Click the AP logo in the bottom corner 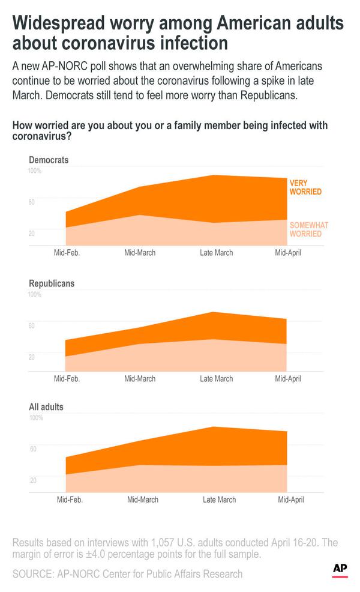pyautogui.click(x=340, y=570)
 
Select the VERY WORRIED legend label pyautogui.click(x=305, y=187)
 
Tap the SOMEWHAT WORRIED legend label pyautogui.click(x=309, y=229)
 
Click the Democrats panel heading pyautogui.click(x=49, y=160)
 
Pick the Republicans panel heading pyautogui.click(x=52, y=283)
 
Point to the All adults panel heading pyautogui.click(x=46, y=406)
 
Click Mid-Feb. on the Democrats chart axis pyautogui.click(x=67, y=253)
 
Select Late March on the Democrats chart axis pyautogui.click(x=216, y=253)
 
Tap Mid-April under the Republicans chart pyautogui.click(x=288, y=378)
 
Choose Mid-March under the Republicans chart pyautogui.click(x=140, y=378)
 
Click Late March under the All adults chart pyautogui.click(x=220, y=500)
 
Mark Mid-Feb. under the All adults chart pyautogui.click(x=70, y=500)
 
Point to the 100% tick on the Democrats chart pyautogui.click(x=34, y=171)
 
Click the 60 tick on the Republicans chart pyautogui.click(x=32, y=325)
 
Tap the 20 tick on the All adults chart pyautogui.click(x=33, y=480)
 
